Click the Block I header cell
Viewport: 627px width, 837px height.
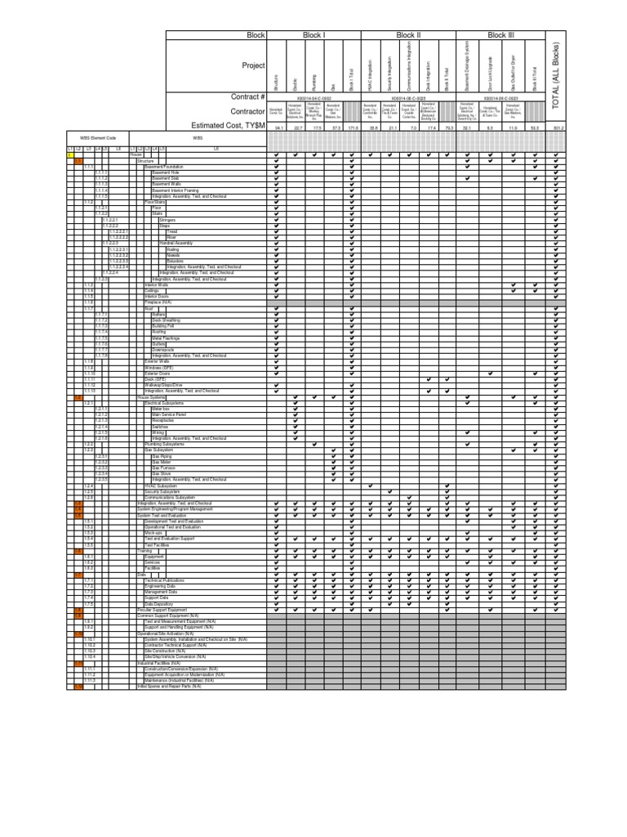[x=313, y=36]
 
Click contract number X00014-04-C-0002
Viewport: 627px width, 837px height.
[x=313, y=96]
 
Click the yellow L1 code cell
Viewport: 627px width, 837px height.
[x=69, y=155]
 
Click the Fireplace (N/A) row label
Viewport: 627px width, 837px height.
[x=160, y=302]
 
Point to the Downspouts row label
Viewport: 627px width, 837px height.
[x=163, y=350]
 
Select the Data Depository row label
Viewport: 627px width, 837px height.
[x=160, y=604]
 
